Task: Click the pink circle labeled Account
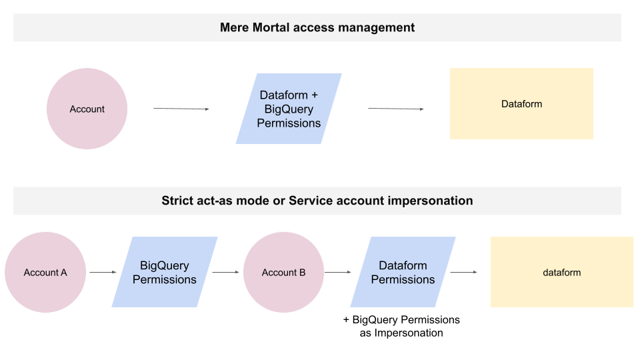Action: [x=87, y=109]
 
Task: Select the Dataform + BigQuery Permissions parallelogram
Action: [x=289, y=109]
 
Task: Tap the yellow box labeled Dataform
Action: [x=521, y=103]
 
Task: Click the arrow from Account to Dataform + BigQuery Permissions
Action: [x=181, y=109]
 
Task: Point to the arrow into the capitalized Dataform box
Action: [x=395, y=109]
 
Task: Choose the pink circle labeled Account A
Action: [x=45, y=272]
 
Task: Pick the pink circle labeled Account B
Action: [x=283, y=272]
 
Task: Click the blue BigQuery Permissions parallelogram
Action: [x=165, y=272]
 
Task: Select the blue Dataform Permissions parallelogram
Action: [x=403, y=272]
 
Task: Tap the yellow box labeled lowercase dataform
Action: [x=561, y=272]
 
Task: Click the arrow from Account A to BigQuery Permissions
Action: [x=103, y=272]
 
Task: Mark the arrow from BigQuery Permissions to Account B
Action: [x=225, y=272]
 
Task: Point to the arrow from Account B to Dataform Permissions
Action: [x=337, y=272]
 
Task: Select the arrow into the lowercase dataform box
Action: [x=463, y=272]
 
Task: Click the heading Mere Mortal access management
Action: [x=317, y=27]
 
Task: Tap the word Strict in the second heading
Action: [x=177, y=201]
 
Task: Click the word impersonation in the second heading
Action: [x=433, y=201]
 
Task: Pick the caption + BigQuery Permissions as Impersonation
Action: [x=401, y=326]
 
